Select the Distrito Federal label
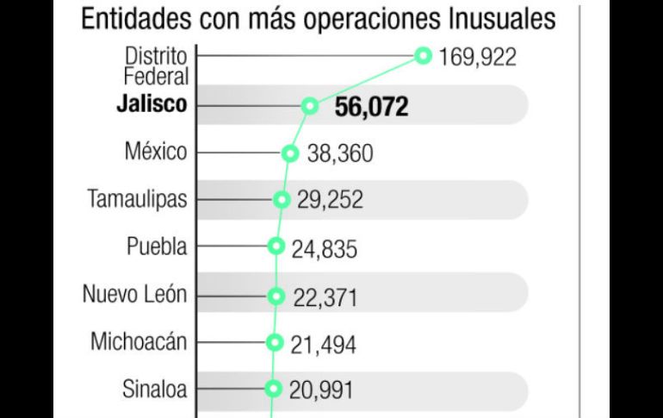coord(155,66)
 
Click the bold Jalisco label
coord(152,106)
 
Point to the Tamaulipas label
coord(138,199)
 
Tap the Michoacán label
coord(139,340)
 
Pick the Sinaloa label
coord(154,388)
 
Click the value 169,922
coord(477,58)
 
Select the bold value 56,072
coord(371,107)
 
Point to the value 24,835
coord(324,250)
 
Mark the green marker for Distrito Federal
coord(423,56)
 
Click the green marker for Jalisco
coord(309,106)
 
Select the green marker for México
coord(290,153)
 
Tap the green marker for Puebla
coord(276,246)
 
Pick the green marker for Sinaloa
coord(274,388)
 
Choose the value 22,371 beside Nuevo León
coord(325,297)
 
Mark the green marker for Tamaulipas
coord(281,200)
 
